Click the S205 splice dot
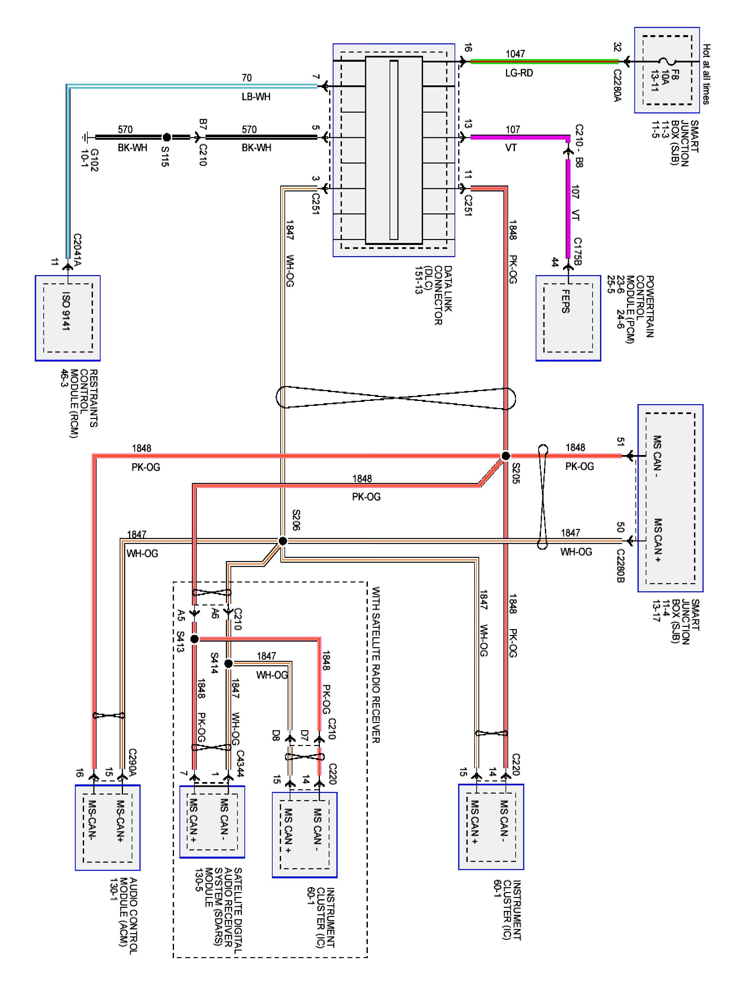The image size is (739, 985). tap(505, 455)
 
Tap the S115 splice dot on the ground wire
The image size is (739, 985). tap(167, 137)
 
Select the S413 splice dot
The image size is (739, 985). tap(194, 639)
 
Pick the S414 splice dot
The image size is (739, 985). tap(228, 664)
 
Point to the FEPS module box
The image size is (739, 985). tap(568, 317)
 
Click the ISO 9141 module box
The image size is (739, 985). tap(68, 317)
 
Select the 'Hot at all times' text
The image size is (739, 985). tap(706, 74)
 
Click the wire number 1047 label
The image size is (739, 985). tap(515, 54)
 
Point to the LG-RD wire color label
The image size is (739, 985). tap(519, 73)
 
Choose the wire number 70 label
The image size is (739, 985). tap(246, 78)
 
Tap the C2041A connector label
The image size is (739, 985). tap(78, 249)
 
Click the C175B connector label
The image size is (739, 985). tap(577, 251)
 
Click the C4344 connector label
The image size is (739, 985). tap(240, 763)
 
